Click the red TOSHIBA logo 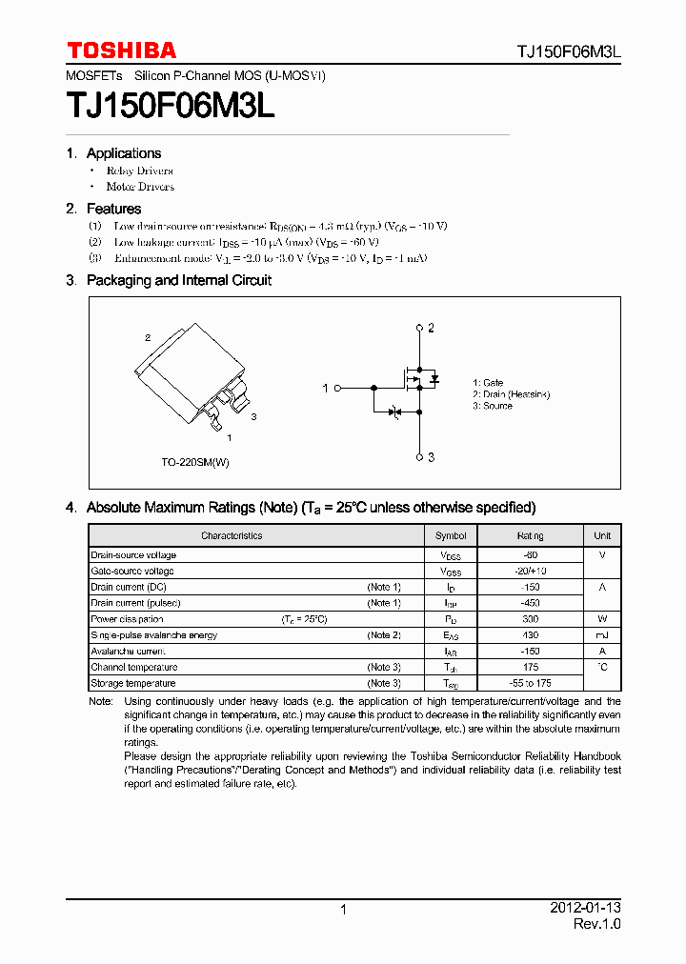click(121, 50)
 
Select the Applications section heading click(123, 153)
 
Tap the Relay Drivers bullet click(139, 171)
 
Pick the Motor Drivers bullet click(140, 187)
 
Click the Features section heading click(113, 209)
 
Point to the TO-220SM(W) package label click(195, 462)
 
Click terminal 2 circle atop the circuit click(419, 328)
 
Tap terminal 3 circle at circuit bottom click(419, 457)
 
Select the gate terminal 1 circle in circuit click(336, 388)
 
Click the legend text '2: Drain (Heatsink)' click(511, 394)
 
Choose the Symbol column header click(451, 535)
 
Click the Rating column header click(530, 535)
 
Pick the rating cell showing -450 click(530, 603)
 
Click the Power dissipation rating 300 click(530, 619)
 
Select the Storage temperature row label click(133, 683)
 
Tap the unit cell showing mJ click(602, 635)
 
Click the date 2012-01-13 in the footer click(585, 908)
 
